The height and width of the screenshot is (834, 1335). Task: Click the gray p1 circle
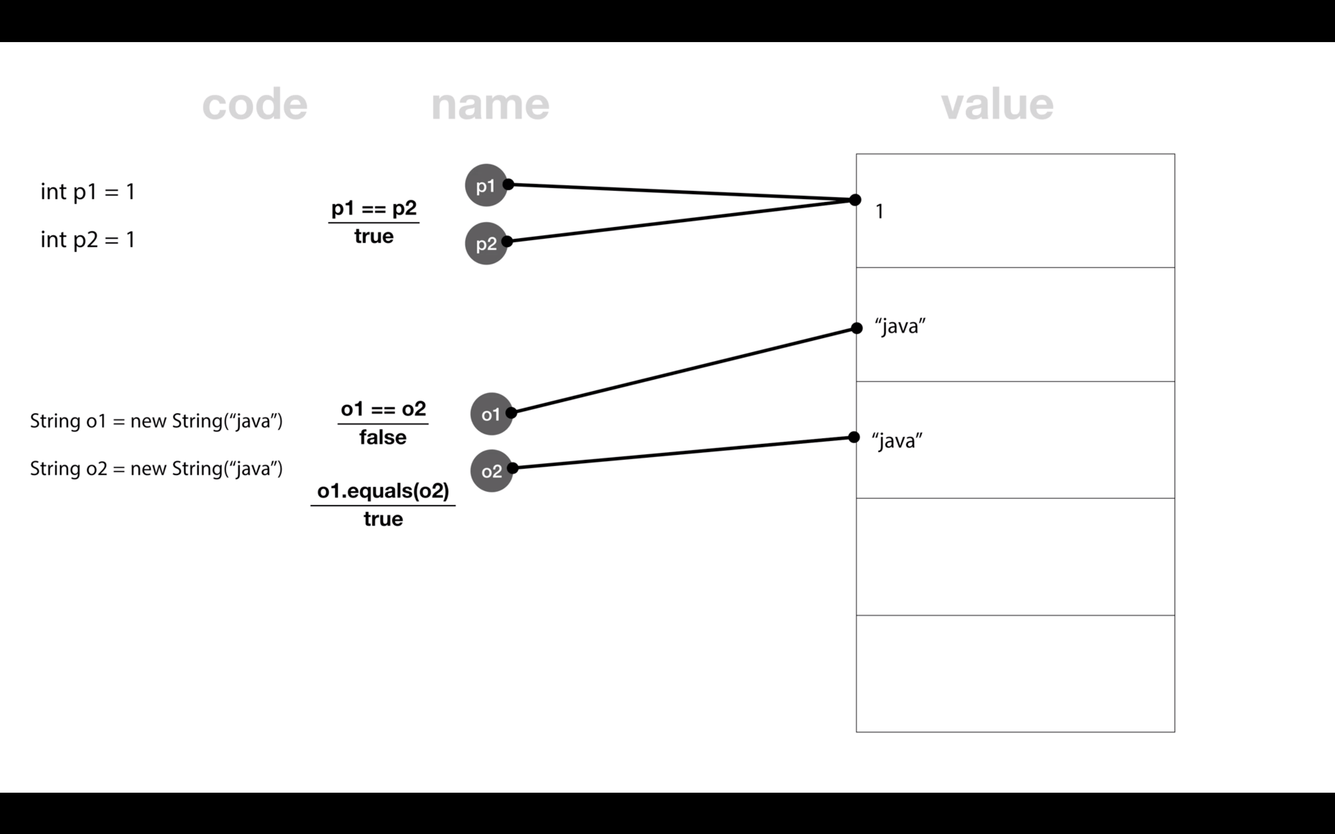[486, 185]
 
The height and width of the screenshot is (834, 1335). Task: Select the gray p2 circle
[486, 243]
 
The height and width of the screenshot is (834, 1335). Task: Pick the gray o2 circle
[491, 471]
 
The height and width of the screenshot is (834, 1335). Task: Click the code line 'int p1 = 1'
[88, 192]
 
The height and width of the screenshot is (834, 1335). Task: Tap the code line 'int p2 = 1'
[88, 240]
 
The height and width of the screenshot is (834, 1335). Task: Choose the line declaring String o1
[156, 421]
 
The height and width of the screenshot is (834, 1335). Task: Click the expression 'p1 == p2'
[373, 208]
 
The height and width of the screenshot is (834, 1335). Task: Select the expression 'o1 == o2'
[383, 409]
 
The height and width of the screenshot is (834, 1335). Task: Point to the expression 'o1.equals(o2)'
[383, 490]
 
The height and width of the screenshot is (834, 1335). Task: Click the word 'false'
[383, 437]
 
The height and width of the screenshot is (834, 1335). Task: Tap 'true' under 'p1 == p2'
[373, 236]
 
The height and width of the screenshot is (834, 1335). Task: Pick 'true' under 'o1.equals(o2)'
[383, 519]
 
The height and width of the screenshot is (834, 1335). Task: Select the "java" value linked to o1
[900, 326]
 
